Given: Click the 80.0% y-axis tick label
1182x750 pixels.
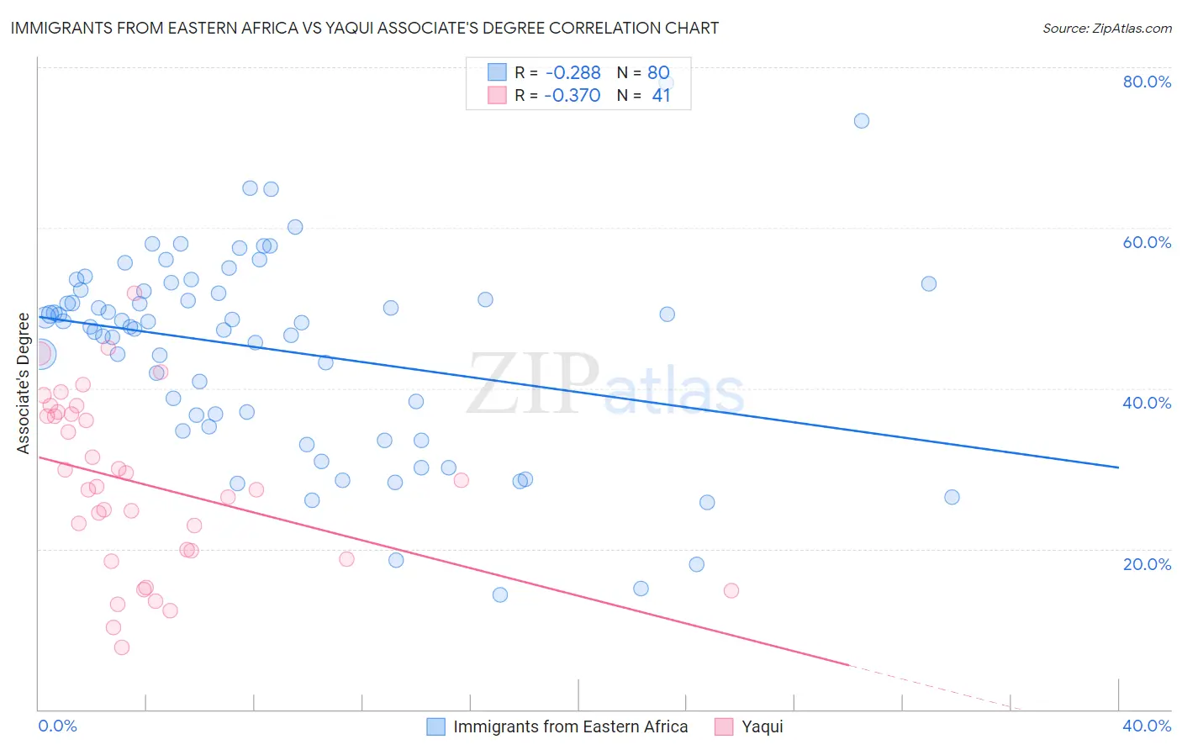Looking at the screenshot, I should click(1147, 82).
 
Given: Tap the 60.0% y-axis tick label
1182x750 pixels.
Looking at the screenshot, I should click(1147, 242).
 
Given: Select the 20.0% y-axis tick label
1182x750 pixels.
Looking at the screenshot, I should click(1147, 564).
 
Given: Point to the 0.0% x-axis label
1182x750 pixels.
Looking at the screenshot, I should click(57, 726).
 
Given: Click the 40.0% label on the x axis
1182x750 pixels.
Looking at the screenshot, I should click(1147, 726).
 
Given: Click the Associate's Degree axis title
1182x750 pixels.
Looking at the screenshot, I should click(23, 383).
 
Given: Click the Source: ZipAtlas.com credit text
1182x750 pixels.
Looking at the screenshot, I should click(1106, 29).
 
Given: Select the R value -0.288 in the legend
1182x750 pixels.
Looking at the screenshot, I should click(573, 73).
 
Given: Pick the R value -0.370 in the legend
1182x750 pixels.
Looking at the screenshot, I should click(573, 96).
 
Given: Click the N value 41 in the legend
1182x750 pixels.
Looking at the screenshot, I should click(662, 96).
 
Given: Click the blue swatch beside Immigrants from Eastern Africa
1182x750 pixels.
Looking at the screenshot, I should click(435, 727).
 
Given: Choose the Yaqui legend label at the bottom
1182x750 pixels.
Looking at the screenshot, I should click(762, 727).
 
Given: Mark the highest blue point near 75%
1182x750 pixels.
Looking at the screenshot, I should click(862, 121).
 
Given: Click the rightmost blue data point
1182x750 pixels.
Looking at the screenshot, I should click(952, 497).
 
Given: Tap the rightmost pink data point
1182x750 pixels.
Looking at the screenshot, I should click(731, 591).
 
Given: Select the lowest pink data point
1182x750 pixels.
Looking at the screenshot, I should click(122, 647).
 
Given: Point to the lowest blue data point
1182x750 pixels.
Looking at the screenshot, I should click(500, 595).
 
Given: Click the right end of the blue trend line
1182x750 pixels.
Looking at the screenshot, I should click(1118, 467).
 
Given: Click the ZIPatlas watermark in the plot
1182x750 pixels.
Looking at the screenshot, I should click(605, 385).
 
